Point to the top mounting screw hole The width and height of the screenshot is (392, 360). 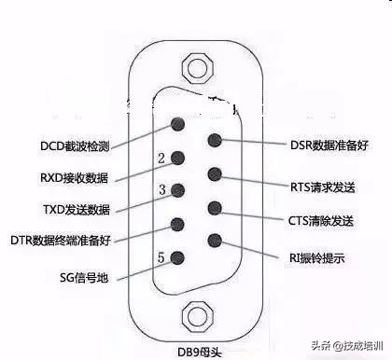[x=195, y=68]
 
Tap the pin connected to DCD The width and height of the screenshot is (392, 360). [x=179, y=124]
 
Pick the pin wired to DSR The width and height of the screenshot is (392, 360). [x=215, y=142]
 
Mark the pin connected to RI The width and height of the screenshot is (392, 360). [x=215, y=240]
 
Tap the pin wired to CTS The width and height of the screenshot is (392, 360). [x=215, y=208]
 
